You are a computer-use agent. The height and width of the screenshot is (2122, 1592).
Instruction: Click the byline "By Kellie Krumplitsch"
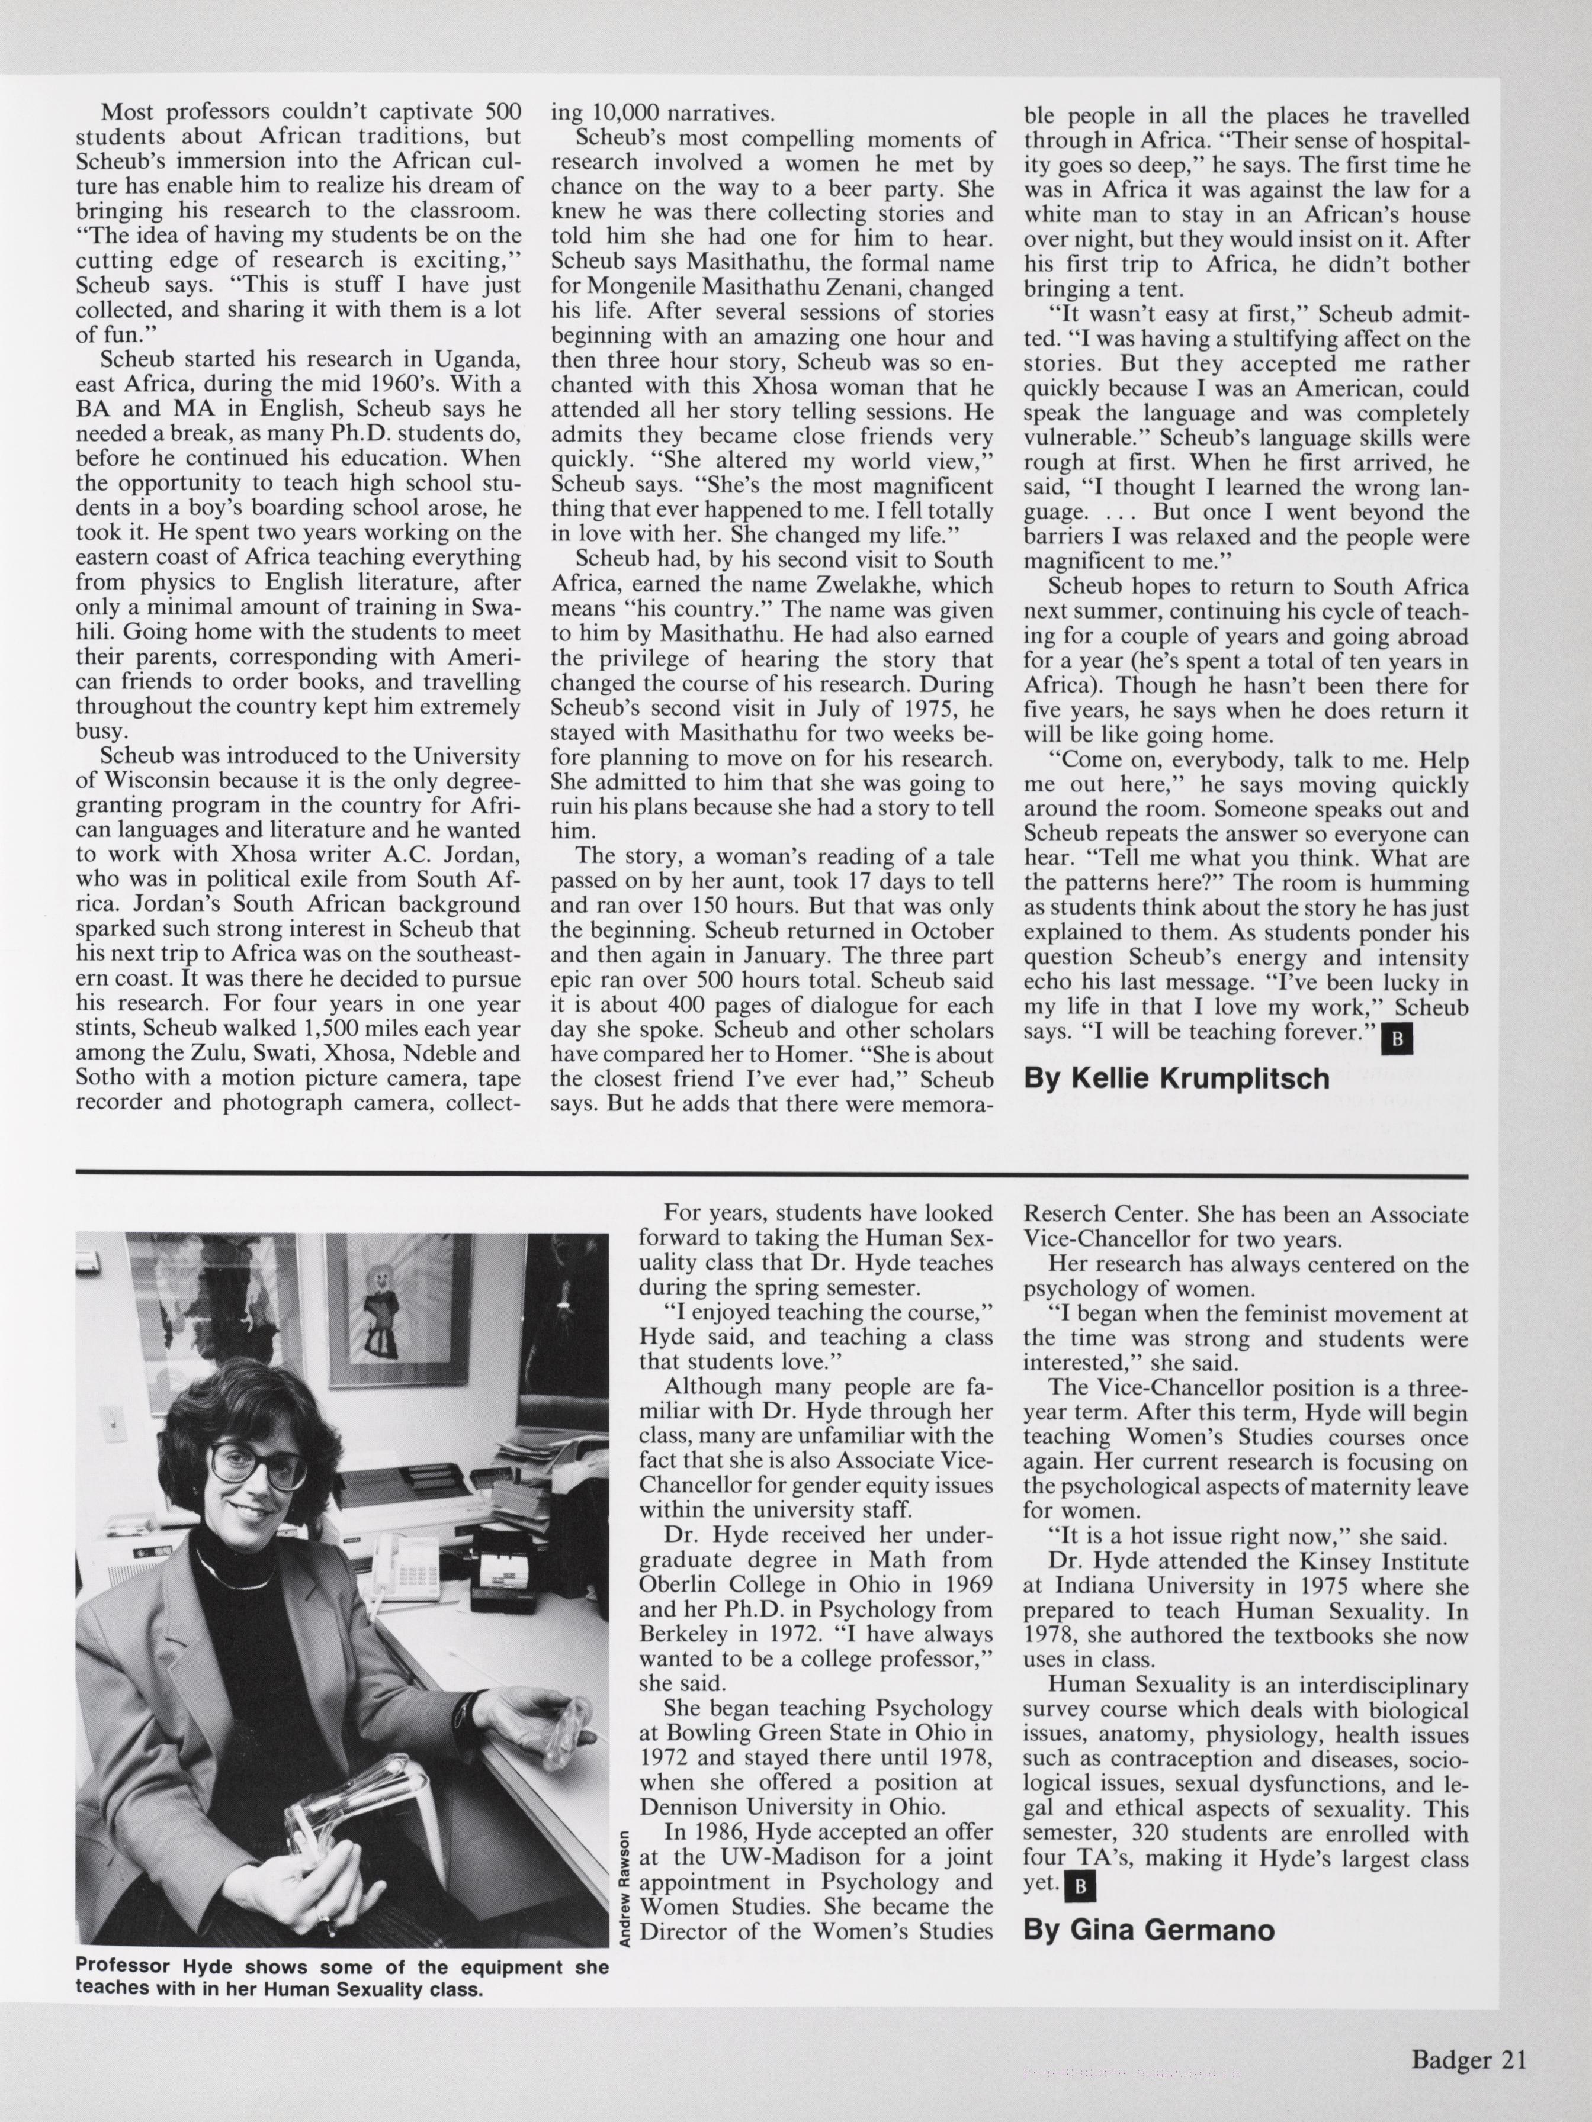click(x=1176, y=1078)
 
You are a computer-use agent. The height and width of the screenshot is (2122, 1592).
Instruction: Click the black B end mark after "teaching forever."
click(x=1396, y=1039)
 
